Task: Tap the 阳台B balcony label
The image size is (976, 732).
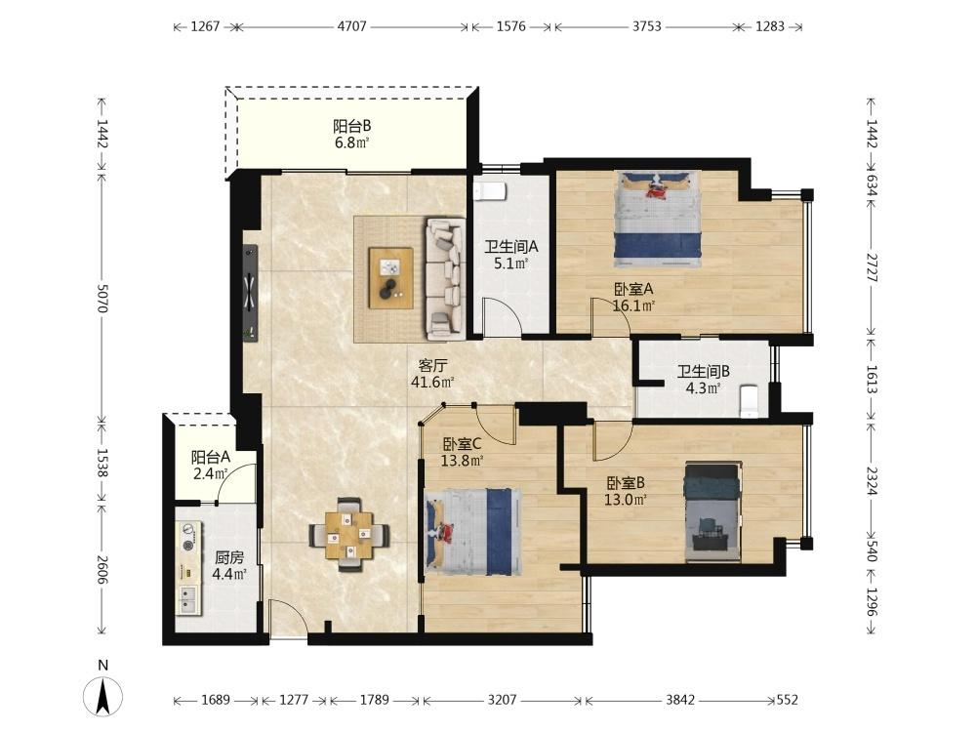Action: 351,126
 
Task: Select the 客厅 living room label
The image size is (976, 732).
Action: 432,365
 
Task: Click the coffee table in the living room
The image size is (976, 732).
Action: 391,277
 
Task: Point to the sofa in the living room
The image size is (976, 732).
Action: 445,278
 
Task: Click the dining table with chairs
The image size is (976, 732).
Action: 349,534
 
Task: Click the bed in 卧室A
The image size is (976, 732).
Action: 658,216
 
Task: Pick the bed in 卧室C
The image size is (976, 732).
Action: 473,531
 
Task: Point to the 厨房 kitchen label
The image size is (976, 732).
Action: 229,557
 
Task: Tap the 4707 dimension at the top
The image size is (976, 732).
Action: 352,26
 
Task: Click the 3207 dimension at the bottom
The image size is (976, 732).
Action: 502,700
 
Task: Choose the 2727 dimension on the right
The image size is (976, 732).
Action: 872,267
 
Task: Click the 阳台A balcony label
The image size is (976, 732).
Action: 211,458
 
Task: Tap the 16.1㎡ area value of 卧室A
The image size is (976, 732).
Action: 633,305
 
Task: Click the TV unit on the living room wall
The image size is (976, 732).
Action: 250,292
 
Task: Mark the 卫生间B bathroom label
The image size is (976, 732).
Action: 704,372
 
